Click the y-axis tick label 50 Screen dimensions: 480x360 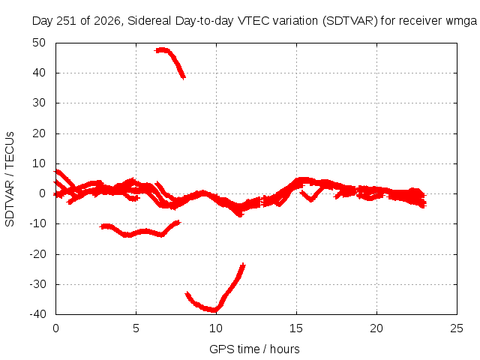(x=39, y=43)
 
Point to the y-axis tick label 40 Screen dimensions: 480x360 (x=39, y=73)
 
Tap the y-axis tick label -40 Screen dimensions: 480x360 (x=37, y=313)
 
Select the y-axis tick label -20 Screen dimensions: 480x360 (x=37, y=253)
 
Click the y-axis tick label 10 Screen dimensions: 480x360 (x=39, y=163)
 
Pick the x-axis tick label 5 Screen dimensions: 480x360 (x=136, y=328)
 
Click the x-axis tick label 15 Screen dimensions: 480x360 (x=296, y=328)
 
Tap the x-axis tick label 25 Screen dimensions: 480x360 (x=457, y=328)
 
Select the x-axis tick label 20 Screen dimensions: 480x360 (x=376, y=328)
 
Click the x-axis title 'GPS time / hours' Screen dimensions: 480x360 (x=254, y=349)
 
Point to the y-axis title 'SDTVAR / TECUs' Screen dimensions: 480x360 (x=10, y=179)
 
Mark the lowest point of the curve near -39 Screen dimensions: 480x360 (x=214, y=310)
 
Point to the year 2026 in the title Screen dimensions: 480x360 (x=106, y=21)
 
